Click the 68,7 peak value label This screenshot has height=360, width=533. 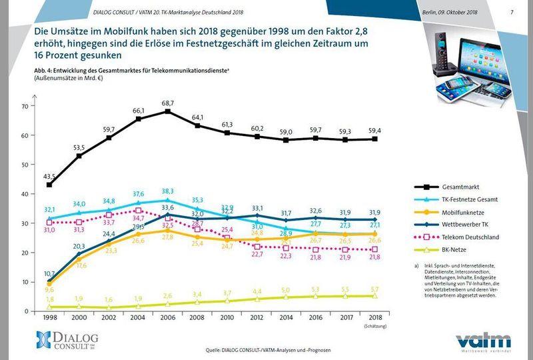click(x=168, y=102)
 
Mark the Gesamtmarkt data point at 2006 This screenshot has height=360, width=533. click(x=168, y=111)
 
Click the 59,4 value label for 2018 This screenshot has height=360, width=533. click(x=375, y=130)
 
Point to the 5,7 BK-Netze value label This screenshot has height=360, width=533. click(x=375, y=289)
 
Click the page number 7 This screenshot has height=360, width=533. click(x=511, y=12)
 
